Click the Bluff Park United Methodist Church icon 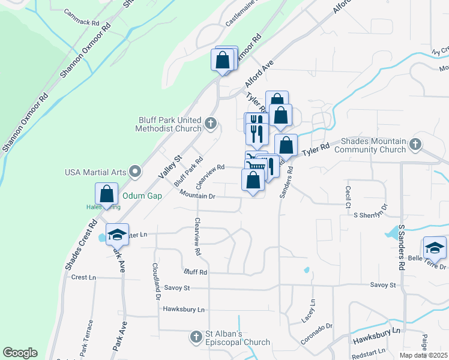(x=210, y=124)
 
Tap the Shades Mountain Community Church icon (x=415, y=144)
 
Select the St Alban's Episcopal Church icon (x=196, y=337)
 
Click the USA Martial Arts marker (x=135, y=172)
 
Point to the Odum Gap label (x=142, y=196)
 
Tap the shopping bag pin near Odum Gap (x=106, y=194)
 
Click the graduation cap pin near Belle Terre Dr (x=434, y=247)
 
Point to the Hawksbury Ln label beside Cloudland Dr (x=184, y=310)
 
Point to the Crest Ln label (x=83, y=277)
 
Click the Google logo (x=20, y=353)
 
